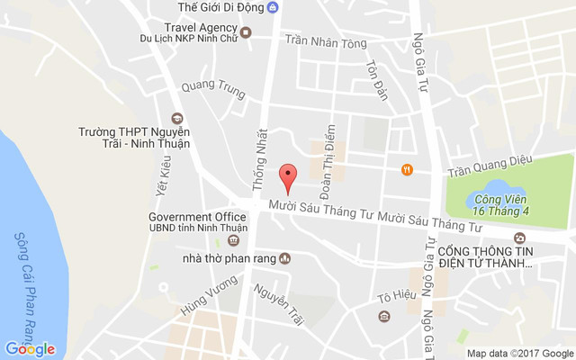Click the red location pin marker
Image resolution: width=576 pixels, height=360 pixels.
pyautogui.click(x=288, y=177)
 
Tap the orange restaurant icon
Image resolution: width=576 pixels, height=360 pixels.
pyautogui.click(x=407, y=168)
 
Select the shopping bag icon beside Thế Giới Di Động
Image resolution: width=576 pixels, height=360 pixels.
pyautogui.click(x=274, y=8)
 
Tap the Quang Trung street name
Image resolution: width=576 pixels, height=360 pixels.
pyautogui.click(x=212, y=88)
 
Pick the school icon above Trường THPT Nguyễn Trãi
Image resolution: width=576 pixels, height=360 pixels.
pyautogui.click(x=177, y=118)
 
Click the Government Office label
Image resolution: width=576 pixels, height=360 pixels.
pyautogui.click(x=197, y=218)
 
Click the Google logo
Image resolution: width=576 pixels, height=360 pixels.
pyautogui.click(x=30, y=349)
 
